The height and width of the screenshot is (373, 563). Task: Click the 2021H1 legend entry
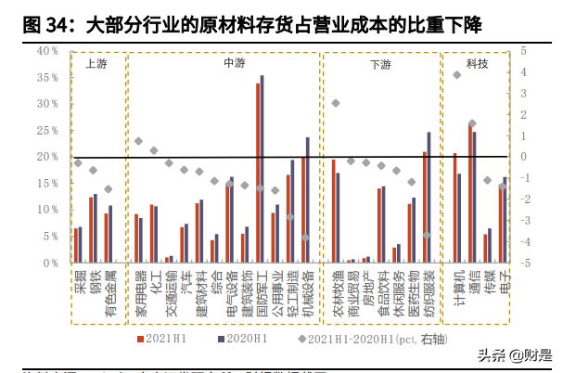(163, 340)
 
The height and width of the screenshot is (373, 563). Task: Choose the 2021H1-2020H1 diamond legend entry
(362, 340)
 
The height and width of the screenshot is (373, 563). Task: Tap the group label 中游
(235, 64)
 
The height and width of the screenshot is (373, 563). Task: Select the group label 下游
(380, 65)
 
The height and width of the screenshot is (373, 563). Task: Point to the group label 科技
(476, 64)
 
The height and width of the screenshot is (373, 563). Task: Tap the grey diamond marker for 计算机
(457, 74)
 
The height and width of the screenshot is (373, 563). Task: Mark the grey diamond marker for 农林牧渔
(336, 103)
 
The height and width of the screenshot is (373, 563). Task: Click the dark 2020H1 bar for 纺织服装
(429, 198)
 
